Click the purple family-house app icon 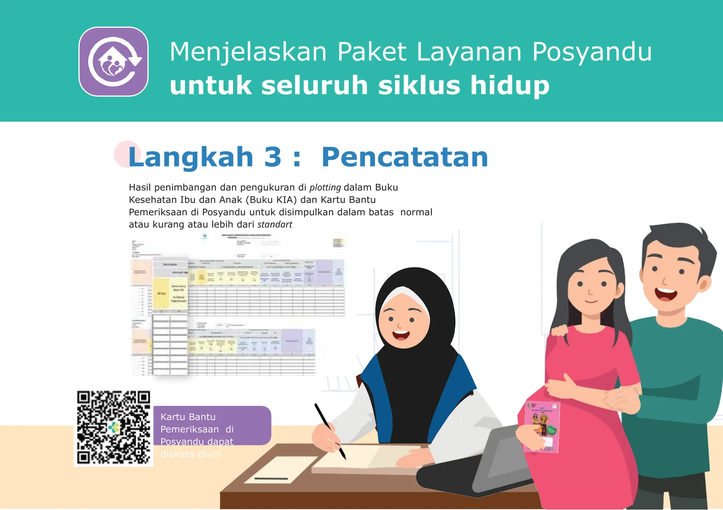[x=113, y=61]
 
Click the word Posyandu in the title [x=592, y=52]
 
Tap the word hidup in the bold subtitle [x=509, y=85]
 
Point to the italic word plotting [x=325, y=187]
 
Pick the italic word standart [x=275, y=224]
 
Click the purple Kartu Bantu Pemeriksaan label [x=212, y=425]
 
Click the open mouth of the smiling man [x=665, y=294]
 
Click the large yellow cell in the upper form [x=161, y=293]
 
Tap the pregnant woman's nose [x=590, y=291]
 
